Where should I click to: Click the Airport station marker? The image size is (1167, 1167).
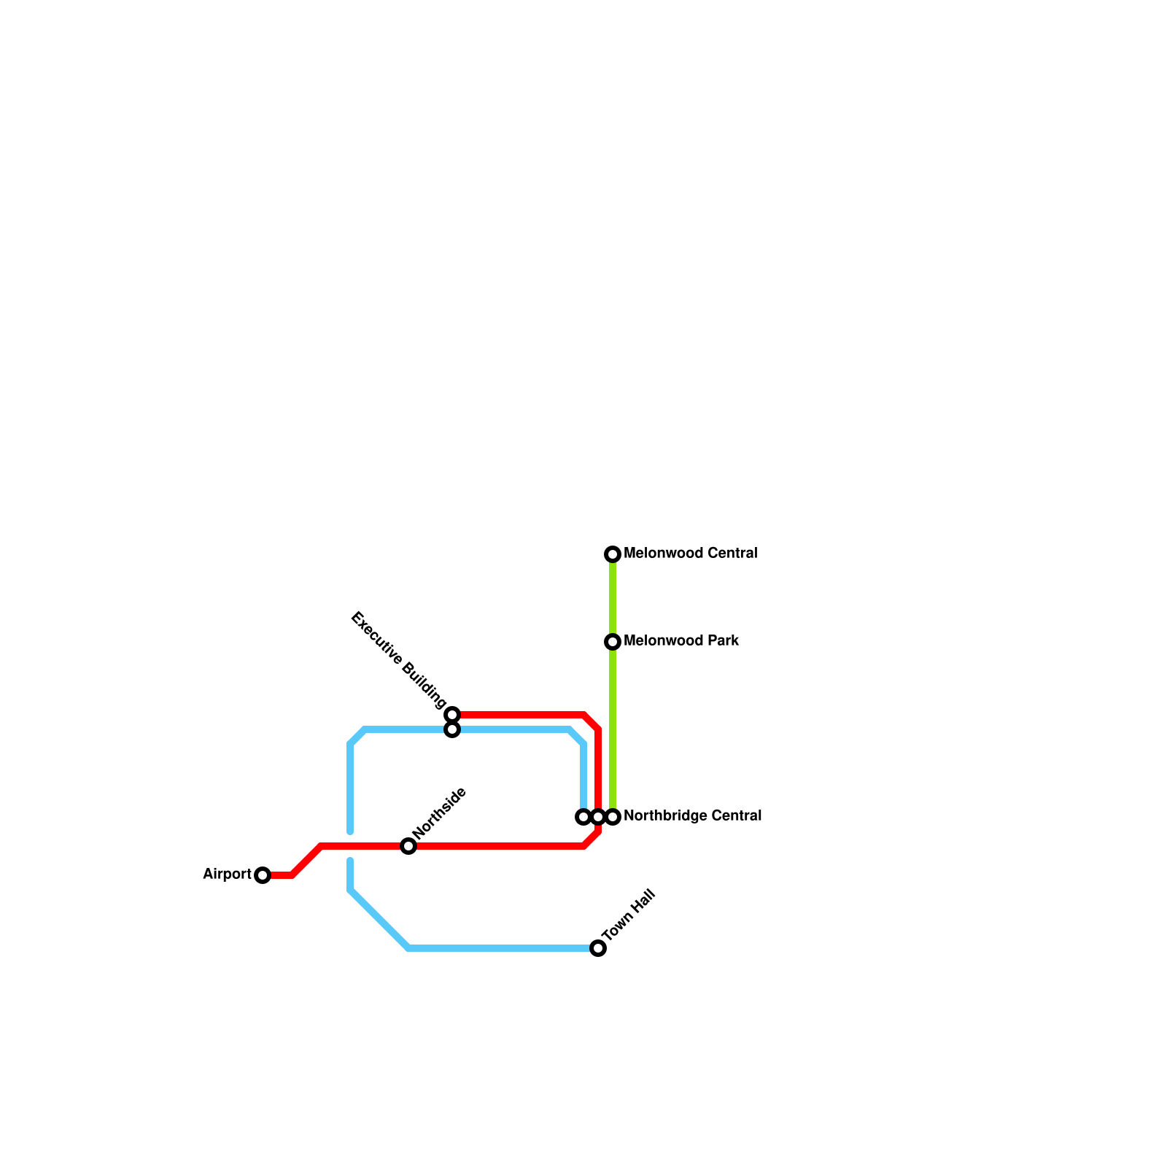click(x=263, y=875)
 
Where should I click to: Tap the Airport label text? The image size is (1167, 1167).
click(x=227, y=874)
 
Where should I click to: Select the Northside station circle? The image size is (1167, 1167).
click(x=408, y=846)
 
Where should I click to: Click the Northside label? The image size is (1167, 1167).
click(x=438, y=814)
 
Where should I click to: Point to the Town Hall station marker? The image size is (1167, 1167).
click(x=598, y=948)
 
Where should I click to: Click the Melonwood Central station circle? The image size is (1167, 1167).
click(x=613, y=554)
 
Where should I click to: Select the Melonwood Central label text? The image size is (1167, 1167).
click(x=690, y=554)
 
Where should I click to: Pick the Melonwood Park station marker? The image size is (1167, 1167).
click(x=613, y=642)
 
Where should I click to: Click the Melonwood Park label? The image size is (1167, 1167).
click(x=681, y=641)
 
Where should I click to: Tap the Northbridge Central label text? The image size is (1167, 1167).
click(x=692, y=816)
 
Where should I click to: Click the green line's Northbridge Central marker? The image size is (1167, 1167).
click(x=613, y=817)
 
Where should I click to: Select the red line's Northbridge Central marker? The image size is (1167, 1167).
click(x=598, y=817)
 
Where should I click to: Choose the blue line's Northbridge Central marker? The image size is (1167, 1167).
click(x=583, y=817)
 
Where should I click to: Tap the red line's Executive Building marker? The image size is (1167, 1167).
click(x=452, y=714)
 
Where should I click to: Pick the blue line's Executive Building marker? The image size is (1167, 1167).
click(x=452, y=729)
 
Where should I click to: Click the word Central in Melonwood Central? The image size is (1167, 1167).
click(x=732, y=554)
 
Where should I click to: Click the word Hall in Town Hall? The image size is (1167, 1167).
click(x=643, y=902)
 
